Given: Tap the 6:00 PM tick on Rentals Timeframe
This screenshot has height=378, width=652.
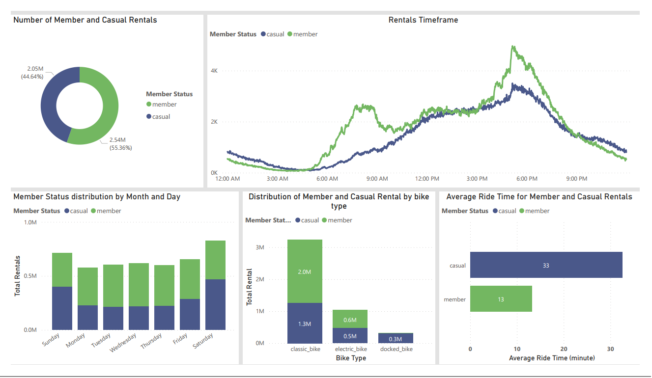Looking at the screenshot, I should [x=527, y=179].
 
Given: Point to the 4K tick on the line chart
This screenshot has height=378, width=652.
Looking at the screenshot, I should [x=214, y=71].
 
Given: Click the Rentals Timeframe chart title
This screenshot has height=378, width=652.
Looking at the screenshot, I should [x=423, y=20].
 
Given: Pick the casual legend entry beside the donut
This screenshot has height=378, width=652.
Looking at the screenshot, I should [x=161, y=117].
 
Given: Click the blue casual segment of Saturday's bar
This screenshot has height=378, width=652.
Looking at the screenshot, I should [x=215, y=304].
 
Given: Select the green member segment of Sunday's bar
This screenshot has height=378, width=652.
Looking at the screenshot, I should [x=62, y=270].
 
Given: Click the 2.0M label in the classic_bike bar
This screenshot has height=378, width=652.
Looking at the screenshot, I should [x=305, y=271].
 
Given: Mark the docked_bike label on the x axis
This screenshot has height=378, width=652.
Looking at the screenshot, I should [x=396, y=349].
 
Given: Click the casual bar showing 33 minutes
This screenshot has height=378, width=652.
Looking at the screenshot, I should [x=546, y=265].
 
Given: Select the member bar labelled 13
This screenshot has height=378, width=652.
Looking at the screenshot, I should [x=501, y=299].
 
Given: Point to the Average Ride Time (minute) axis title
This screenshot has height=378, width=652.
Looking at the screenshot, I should [x=552, y=358].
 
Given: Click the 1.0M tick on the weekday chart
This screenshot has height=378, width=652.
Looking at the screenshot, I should [x=30, y=222].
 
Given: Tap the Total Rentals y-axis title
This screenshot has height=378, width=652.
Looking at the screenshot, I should [x=18, y=275].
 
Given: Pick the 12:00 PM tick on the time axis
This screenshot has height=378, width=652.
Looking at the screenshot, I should [x=427, y=179].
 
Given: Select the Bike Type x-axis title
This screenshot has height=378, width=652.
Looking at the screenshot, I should [x=351, y=358].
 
